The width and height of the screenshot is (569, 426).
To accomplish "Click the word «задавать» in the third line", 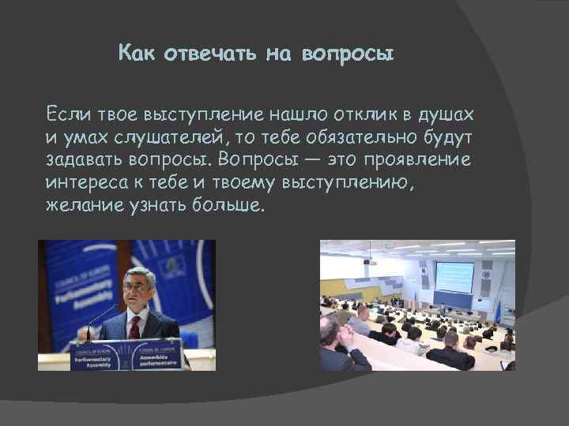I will pyautogui.click(x=85, y=160).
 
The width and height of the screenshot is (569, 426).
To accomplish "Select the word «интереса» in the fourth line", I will pyautogui.click(x=89, y=183).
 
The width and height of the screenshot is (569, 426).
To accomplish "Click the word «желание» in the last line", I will pyautogui.click(x=81, y=206).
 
